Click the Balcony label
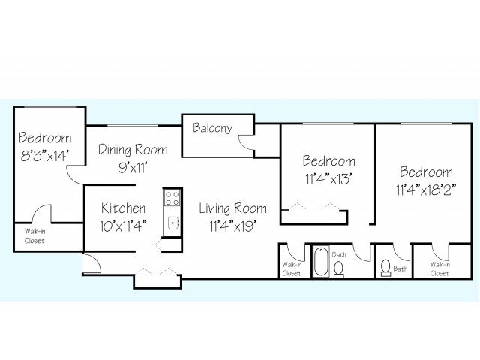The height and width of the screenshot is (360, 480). point(212,128)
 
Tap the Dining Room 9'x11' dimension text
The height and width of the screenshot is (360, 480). point(133,167)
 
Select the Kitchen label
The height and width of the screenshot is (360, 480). point(123,208)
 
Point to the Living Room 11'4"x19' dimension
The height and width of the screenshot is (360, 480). point(232,226)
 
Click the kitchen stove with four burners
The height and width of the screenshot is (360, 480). point(172,198)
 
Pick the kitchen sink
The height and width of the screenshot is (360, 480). point(173,223)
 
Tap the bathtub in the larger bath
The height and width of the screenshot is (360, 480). point(321,261)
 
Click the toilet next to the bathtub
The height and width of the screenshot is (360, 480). point(338,270)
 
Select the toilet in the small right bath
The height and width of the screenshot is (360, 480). point(385,268)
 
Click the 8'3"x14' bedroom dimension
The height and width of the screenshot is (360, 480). point(43,156)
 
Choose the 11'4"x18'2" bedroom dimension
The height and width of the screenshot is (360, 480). point(426,190)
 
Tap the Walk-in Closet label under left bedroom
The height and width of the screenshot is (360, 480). point(34,236)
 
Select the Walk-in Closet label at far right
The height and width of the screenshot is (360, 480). point(440,268)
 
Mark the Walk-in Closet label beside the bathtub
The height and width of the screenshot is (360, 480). point(292,268)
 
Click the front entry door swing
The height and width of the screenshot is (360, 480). point(92,262)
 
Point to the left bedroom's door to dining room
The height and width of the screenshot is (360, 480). point(74,175)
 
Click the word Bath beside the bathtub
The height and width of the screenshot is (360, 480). point(339,254)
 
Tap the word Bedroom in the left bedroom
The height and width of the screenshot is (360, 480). point(45,138)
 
